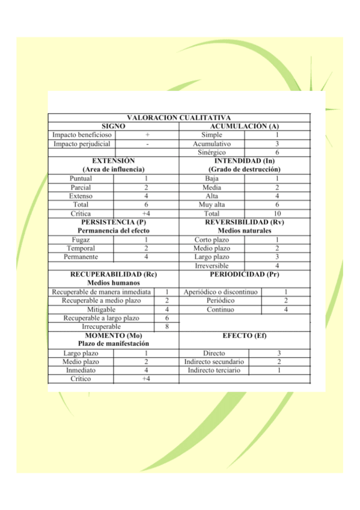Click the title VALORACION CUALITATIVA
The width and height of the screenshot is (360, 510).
pos(179,118)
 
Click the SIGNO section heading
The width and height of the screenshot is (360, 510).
pos(114,126)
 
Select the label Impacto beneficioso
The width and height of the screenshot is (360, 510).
pos(81,135)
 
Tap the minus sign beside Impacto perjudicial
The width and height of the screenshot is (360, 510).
pos(147,144)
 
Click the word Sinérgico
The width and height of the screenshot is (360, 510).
pos(212,153)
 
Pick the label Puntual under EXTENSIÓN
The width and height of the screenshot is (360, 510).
pos(81,179)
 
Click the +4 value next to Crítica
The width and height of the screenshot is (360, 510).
pos(146,214)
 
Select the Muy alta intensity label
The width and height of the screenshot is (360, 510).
pos(212,204)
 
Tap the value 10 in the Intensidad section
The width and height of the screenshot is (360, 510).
pos(277,214)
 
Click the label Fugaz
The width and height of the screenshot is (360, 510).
pos(81,239)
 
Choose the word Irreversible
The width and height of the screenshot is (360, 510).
pos(212,266)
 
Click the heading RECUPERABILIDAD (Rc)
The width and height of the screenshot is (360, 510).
pos(114,274)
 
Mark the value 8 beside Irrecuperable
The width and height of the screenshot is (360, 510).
pos(166,327)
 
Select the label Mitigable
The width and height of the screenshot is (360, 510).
pos(101,310)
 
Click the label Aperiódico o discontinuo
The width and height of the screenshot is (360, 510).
pos(221,292)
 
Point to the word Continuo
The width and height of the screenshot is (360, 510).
pos(221,310)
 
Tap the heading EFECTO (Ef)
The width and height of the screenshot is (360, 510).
pos(245,335)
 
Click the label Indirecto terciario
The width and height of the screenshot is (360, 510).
pos(214,370)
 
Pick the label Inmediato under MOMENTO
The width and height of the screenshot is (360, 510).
pos(81,370)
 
